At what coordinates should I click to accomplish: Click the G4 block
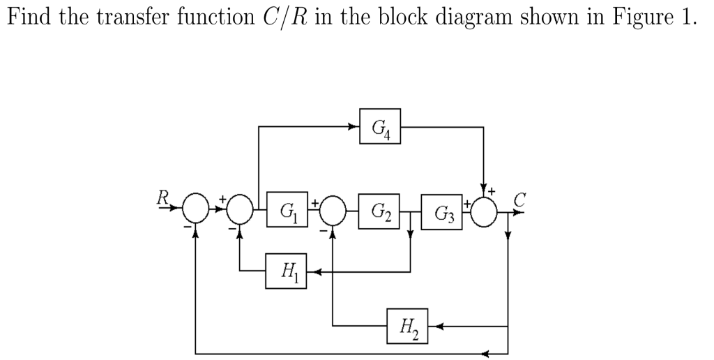380,126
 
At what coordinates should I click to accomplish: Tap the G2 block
380,210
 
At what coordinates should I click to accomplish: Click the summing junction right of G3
484,210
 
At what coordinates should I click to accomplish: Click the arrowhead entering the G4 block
354,126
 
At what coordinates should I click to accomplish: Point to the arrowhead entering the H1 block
312,271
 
